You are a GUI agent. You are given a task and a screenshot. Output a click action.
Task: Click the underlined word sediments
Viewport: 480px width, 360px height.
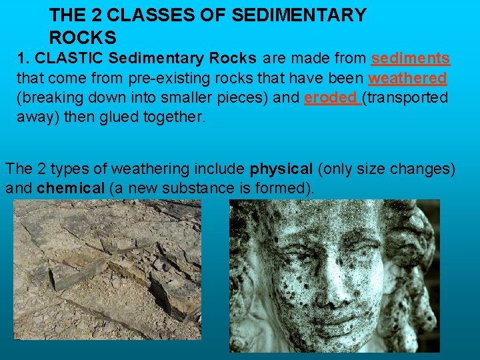(411, 59)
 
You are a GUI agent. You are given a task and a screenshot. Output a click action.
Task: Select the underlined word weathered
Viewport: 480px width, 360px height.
(407, 78)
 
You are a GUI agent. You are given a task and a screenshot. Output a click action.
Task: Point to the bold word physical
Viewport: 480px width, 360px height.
(281, 169)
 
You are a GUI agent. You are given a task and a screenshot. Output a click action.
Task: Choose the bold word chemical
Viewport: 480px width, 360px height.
(71, 188)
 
